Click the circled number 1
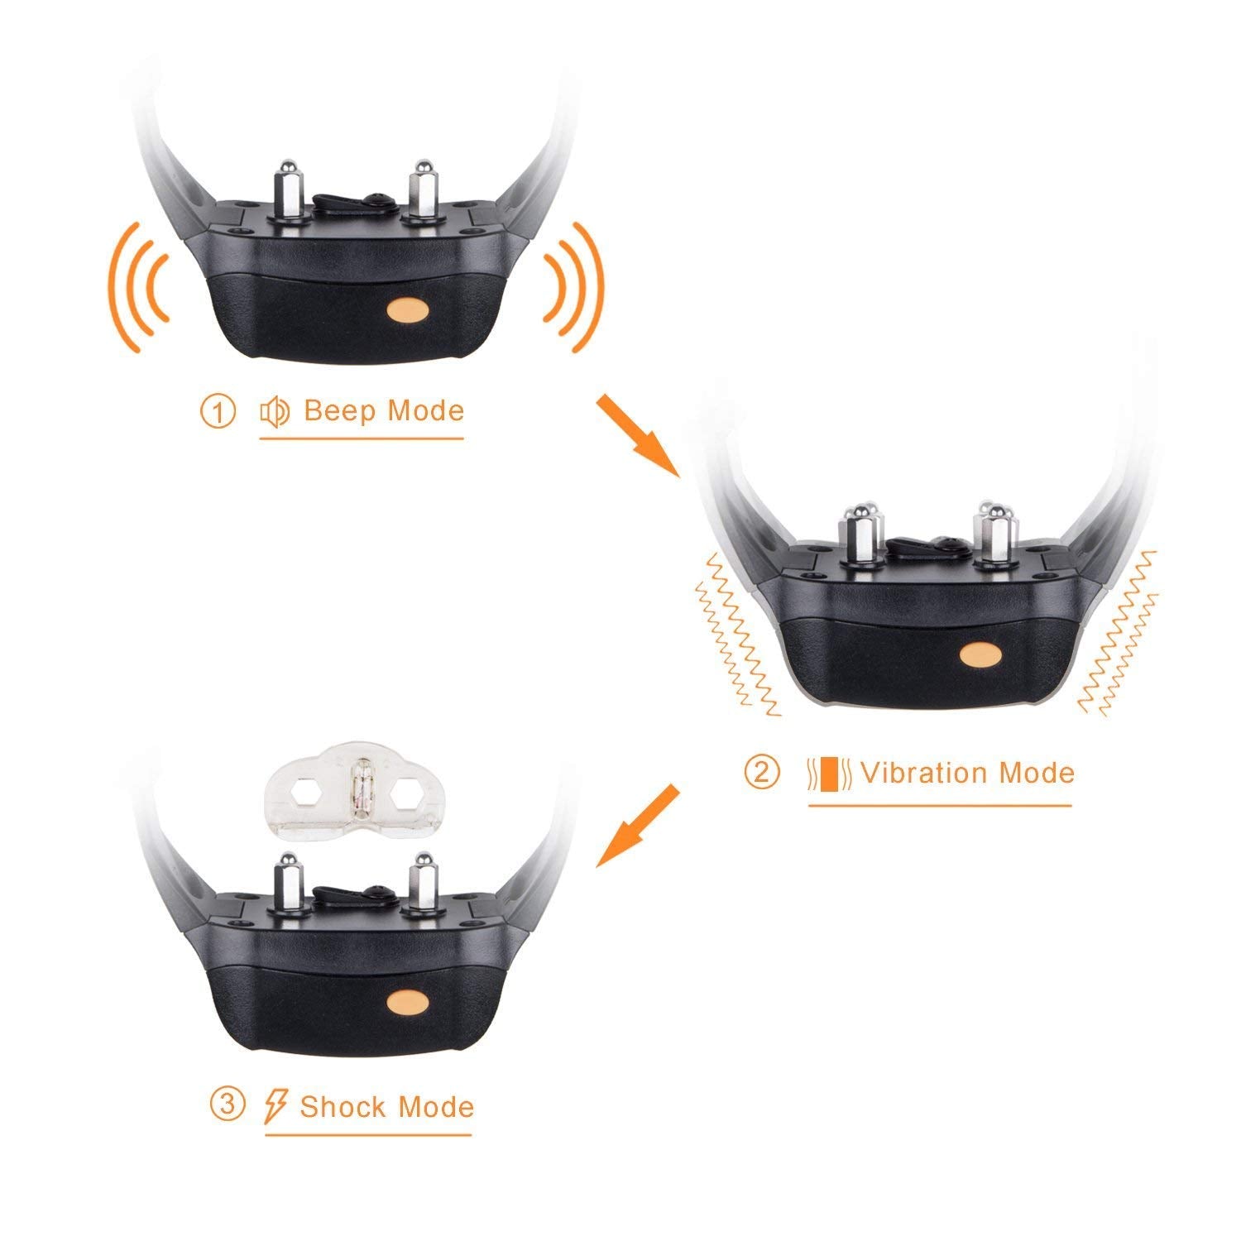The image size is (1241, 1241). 218,411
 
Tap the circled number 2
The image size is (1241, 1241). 761,772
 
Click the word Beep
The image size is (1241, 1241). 340,411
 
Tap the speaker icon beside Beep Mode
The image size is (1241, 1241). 275,411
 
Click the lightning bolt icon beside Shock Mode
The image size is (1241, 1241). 276,1106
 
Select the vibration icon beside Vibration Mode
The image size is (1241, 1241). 829,773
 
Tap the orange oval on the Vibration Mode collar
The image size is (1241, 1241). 982,654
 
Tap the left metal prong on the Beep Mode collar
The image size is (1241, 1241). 291,189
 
